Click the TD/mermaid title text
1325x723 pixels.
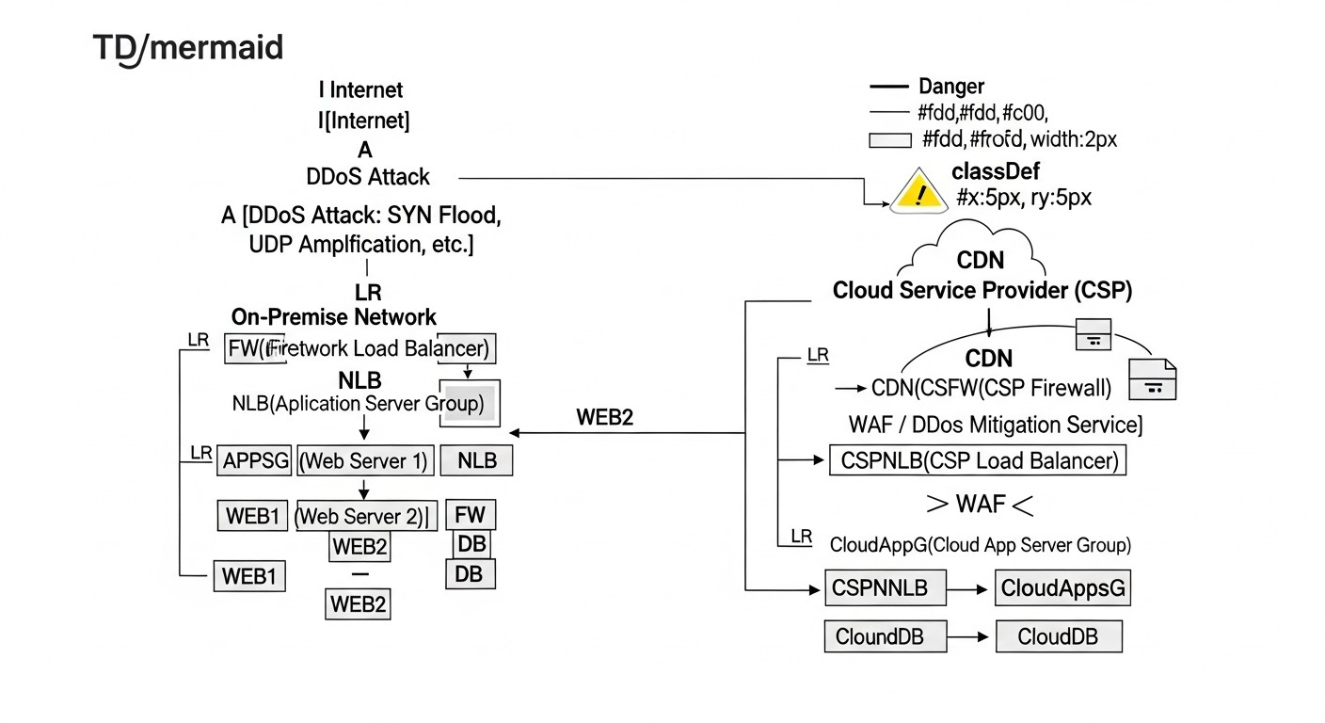tap(188, 48)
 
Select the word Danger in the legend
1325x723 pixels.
tap(951, 88)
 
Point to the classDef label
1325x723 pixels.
tap(996, 171)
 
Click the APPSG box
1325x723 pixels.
tap(255, 461)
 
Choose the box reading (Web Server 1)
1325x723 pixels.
tap(365, 461)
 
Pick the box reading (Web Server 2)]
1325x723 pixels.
tap(365, 516)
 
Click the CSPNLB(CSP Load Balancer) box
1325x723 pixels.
tap(977, 461)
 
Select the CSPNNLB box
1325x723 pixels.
tap(880, 589)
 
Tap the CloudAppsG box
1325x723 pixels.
tap(1062, 589)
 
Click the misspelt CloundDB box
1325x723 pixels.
tap(879, 637)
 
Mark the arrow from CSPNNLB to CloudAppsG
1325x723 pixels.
tap(969, 589)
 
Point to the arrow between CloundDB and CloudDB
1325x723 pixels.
tap(969, 637)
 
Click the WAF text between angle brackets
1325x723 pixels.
tap(981, 505)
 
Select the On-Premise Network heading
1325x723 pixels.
tap(334, 317)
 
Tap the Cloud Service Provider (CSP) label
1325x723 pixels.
tap(982, 291)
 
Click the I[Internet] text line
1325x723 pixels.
tap(363, 120)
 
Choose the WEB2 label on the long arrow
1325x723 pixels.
tap(604, 417)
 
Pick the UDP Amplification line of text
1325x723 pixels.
tap(361, 244)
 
